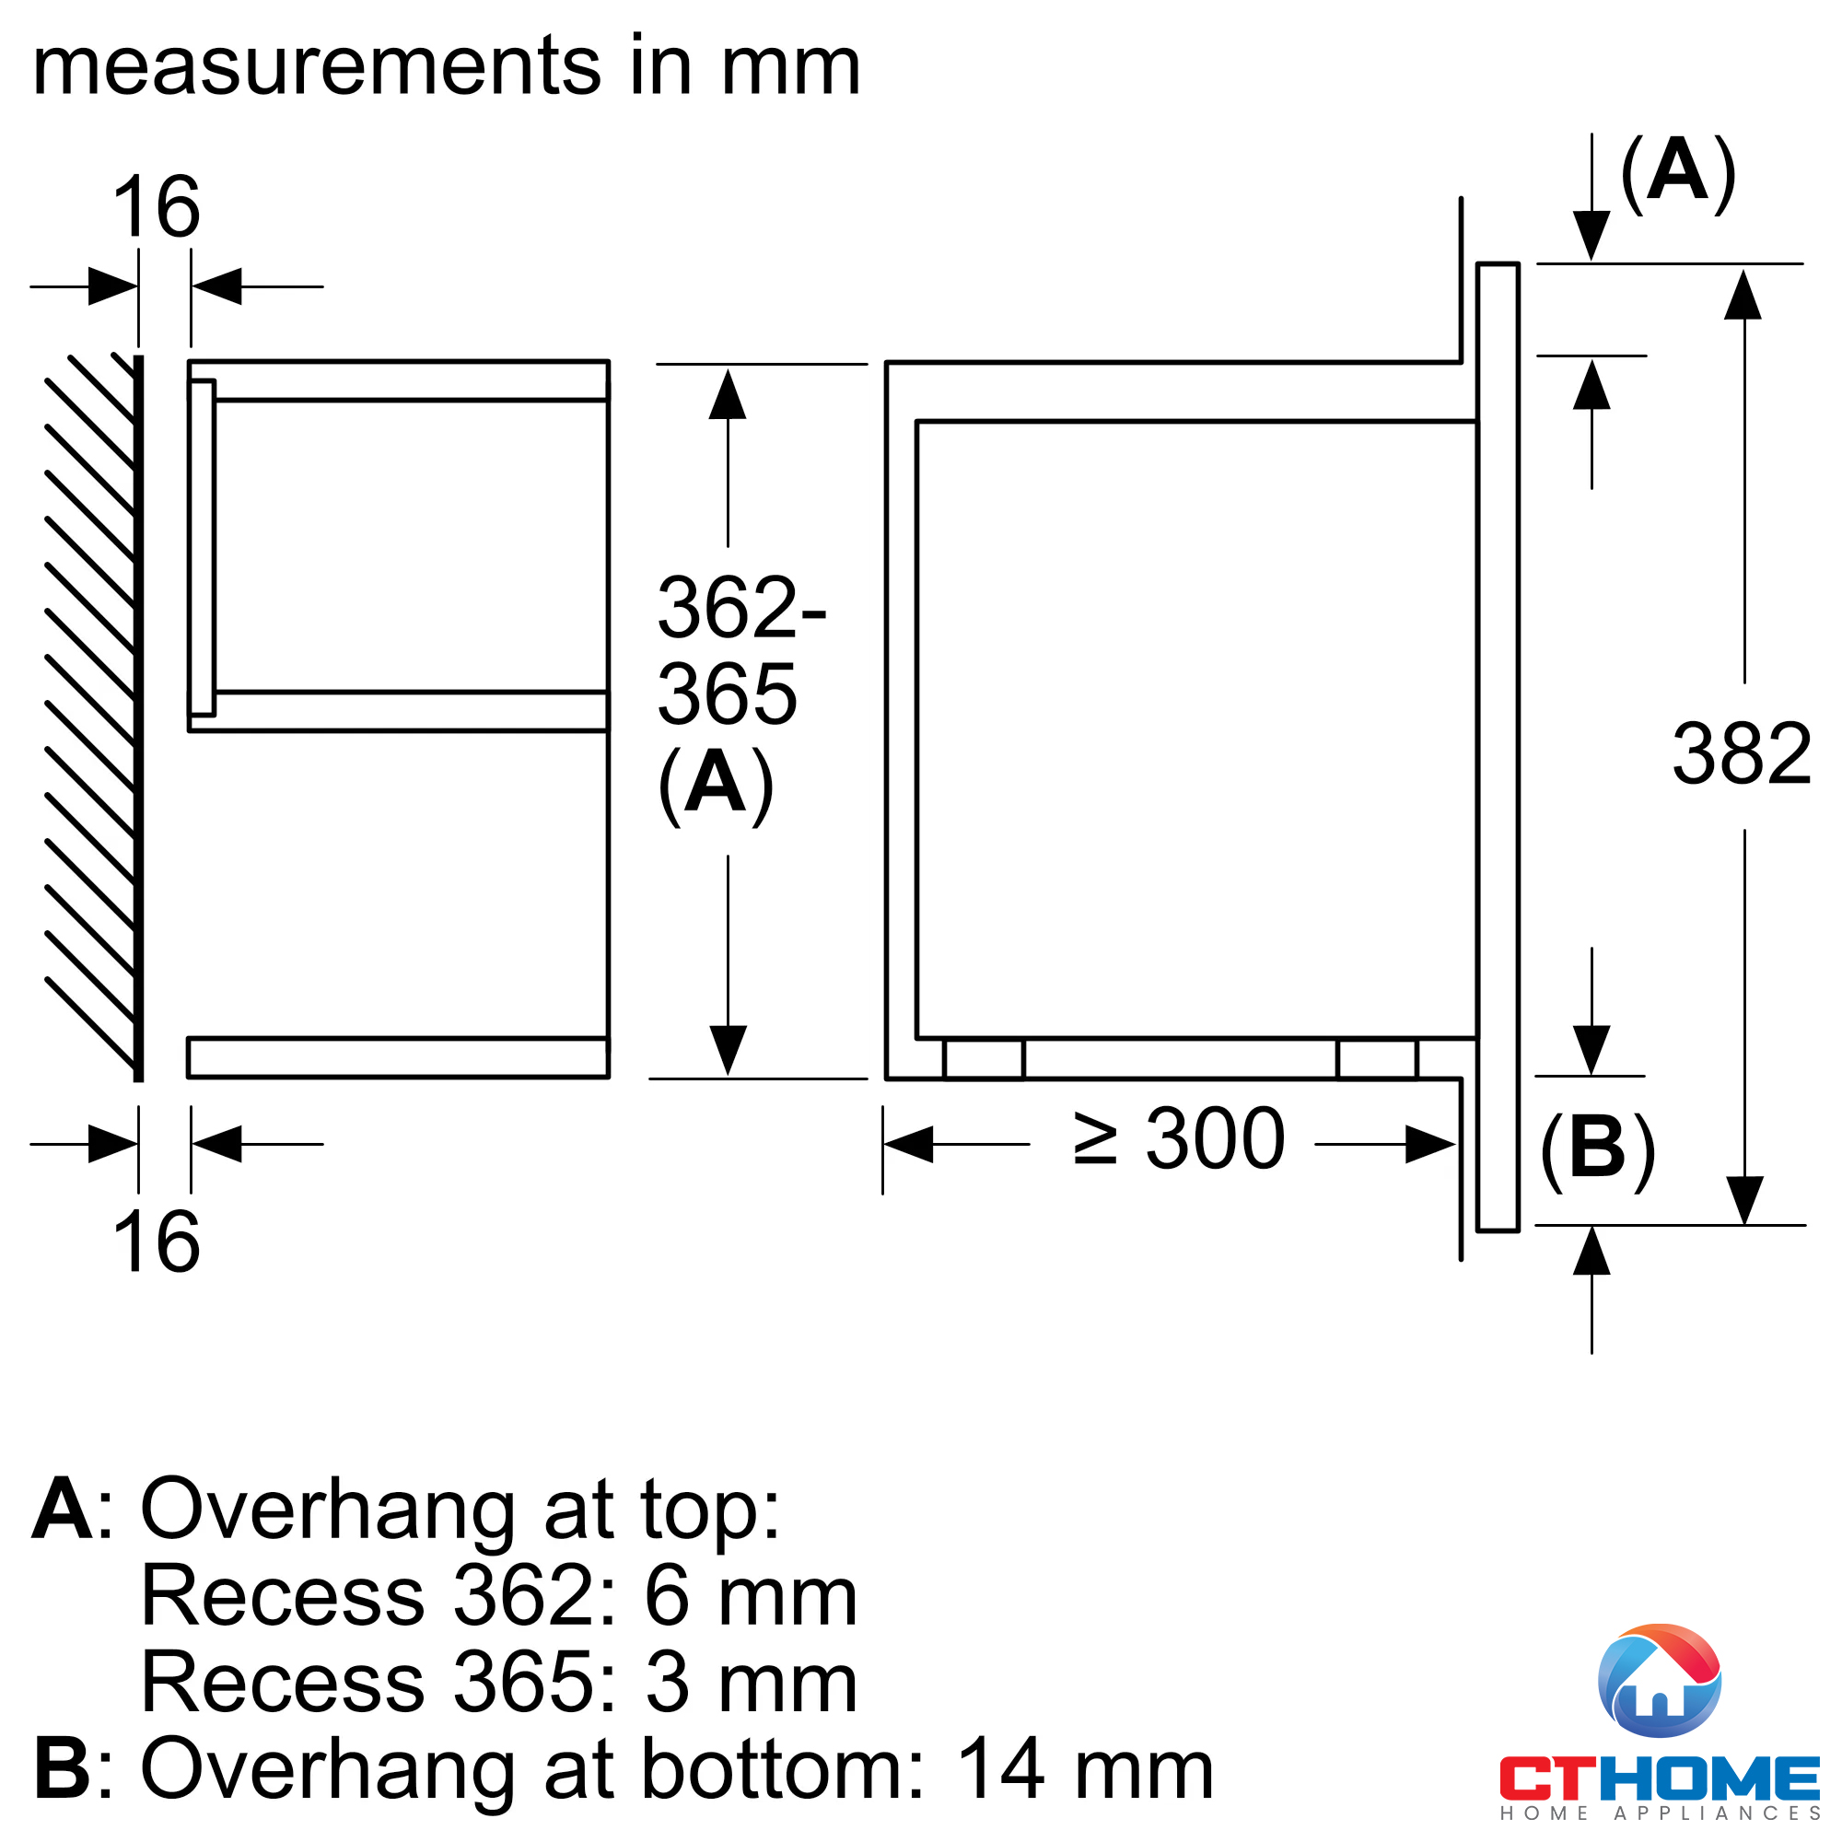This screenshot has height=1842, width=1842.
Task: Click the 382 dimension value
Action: point(1741,754)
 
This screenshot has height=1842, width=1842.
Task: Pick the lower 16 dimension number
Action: point(157,1242)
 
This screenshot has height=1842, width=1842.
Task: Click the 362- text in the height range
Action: point(741,607)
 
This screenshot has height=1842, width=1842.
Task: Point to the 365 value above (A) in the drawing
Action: point(728,694)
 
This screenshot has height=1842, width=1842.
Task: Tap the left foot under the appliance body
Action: point(984,1058)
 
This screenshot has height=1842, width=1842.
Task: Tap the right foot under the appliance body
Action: point(1377,1058)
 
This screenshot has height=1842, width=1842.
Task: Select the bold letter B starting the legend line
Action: point(63,1769)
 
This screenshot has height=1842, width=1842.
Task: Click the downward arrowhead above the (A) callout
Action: point(1591,237)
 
